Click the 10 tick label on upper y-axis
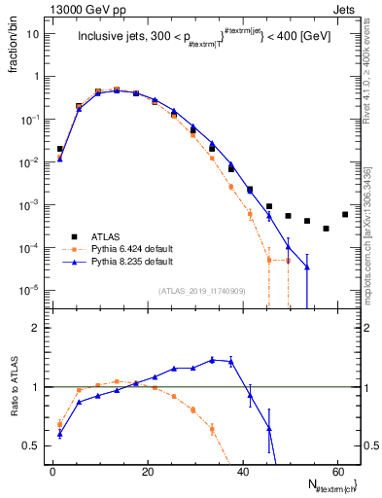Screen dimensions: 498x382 click(x=33, y=33)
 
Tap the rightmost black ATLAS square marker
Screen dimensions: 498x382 click(x=345, y=214)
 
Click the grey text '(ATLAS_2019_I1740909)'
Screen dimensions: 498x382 click(x=201, y=292)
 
